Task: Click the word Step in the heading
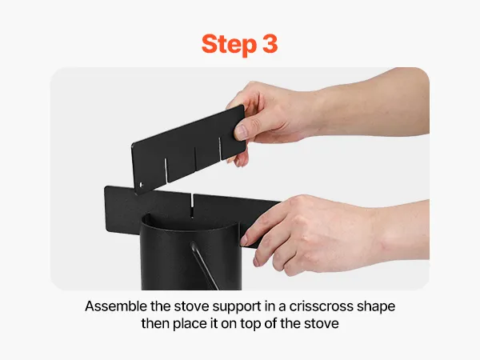point(229,45)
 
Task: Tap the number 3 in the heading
point(270,43)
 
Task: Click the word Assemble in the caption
point(116,306)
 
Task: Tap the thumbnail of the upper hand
point(241,132)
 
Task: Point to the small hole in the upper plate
point(141,185)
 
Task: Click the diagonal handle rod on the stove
point(204,266)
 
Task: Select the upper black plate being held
point(189,150)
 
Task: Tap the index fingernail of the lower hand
point(244,241)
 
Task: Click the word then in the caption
point(155,323)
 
